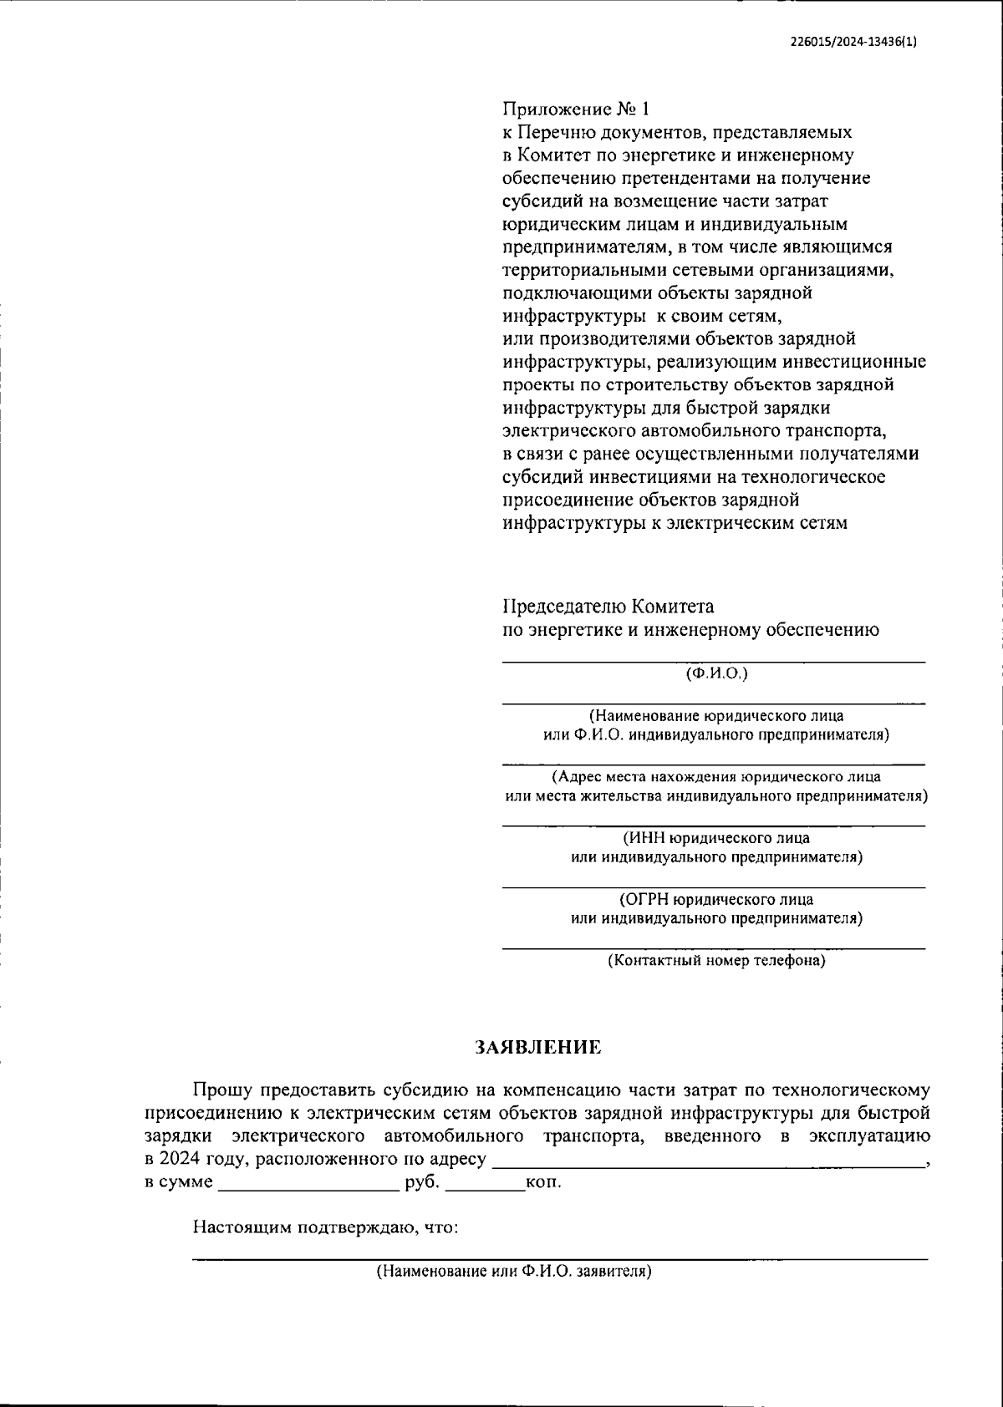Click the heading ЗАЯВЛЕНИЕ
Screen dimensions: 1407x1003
coord(538,1048)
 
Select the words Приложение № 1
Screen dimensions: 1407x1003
coord(575,109)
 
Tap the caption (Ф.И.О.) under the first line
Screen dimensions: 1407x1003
coord(716,673)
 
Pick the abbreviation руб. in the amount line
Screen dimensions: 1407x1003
coord(421,1183)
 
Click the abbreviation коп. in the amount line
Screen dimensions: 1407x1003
coord(543,1183)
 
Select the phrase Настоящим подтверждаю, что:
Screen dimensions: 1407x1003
coord(326,1227)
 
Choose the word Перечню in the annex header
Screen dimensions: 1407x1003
coord(558,132)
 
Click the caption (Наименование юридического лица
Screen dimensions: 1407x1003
coord(716,716)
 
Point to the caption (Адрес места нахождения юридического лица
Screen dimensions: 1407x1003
coord(716,777)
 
